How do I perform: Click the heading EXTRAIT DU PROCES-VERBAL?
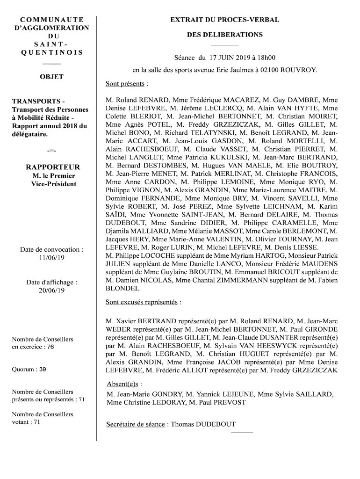[x=225, y=20]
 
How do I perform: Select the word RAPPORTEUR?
[x=53, y=167]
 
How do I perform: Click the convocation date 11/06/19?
[x=52, y=258]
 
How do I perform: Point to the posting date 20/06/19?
[x=52, y=290]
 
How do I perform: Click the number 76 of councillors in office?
[x=50, y=347]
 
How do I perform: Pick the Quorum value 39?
[x=42, y=369]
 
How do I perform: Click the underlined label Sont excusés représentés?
[x=142, y=302]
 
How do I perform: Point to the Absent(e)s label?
[x=123, y=384]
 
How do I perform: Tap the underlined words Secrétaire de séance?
[x=136, y=424]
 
